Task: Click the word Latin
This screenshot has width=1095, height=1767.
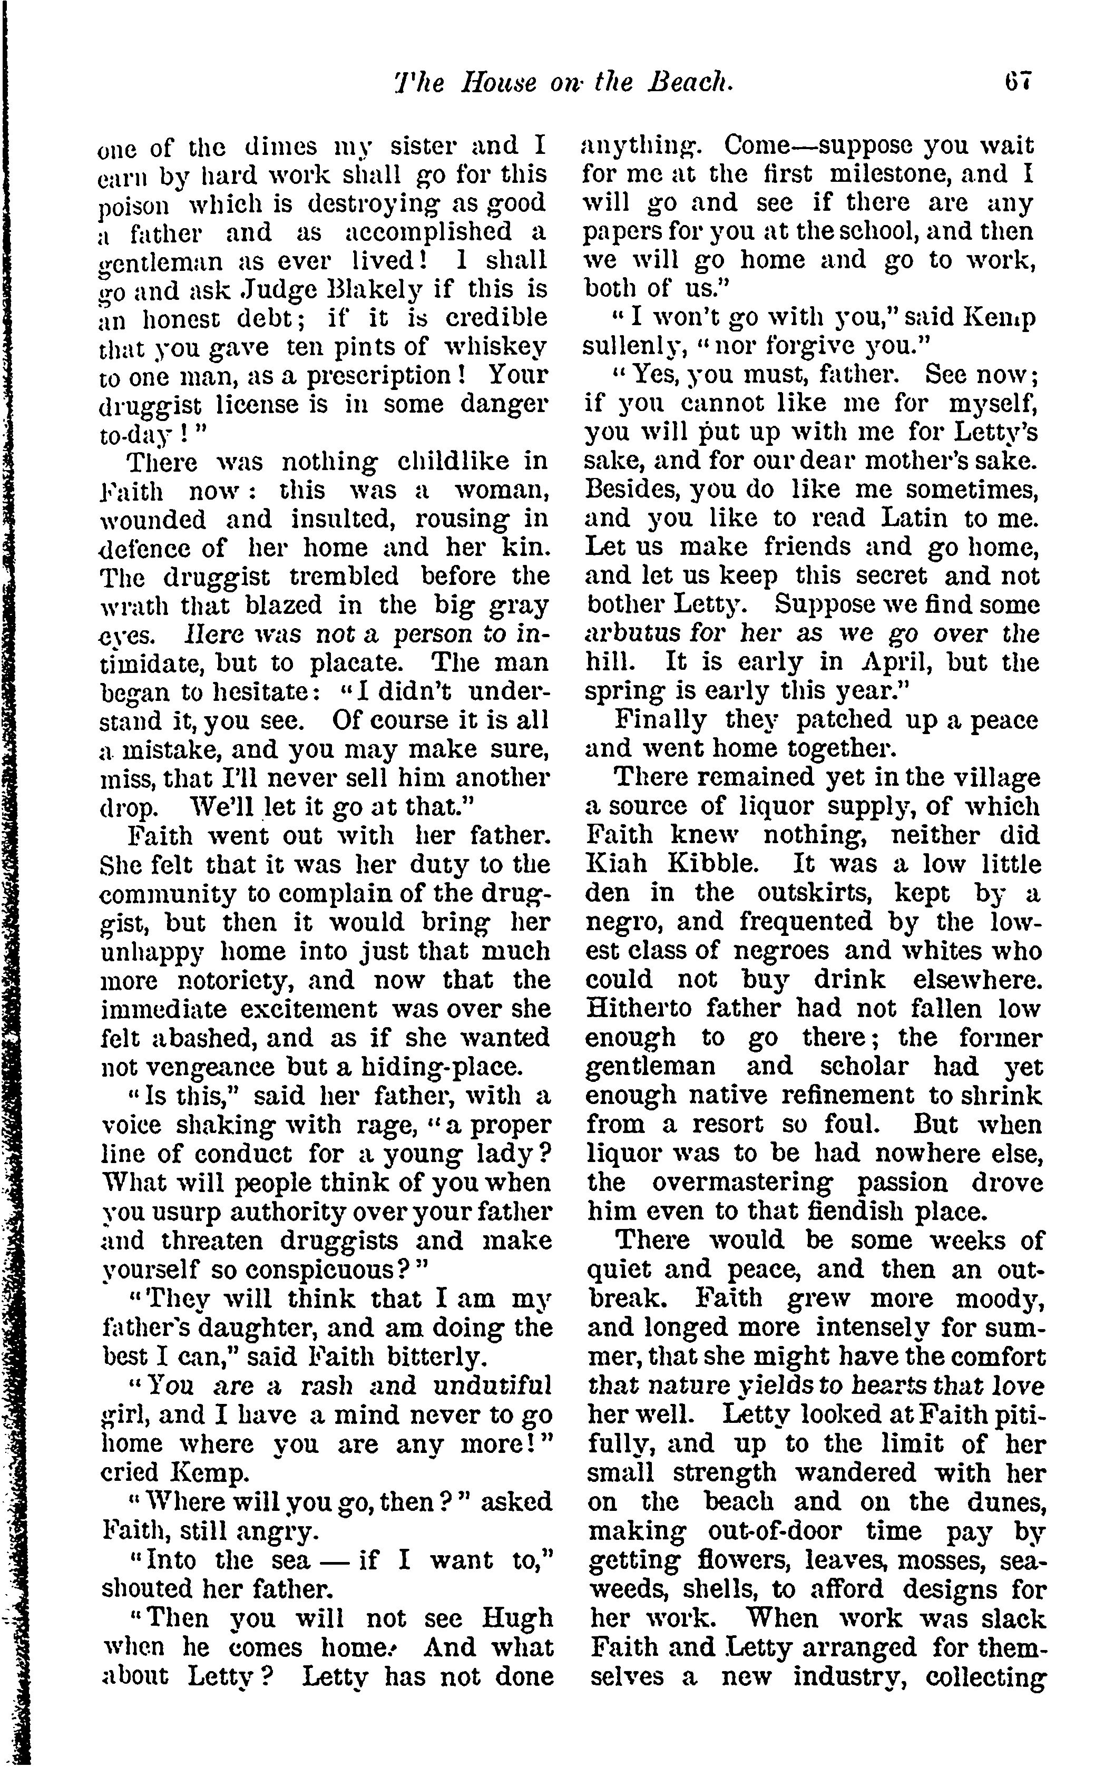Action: pyautogui.click(x=919, y=518)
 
